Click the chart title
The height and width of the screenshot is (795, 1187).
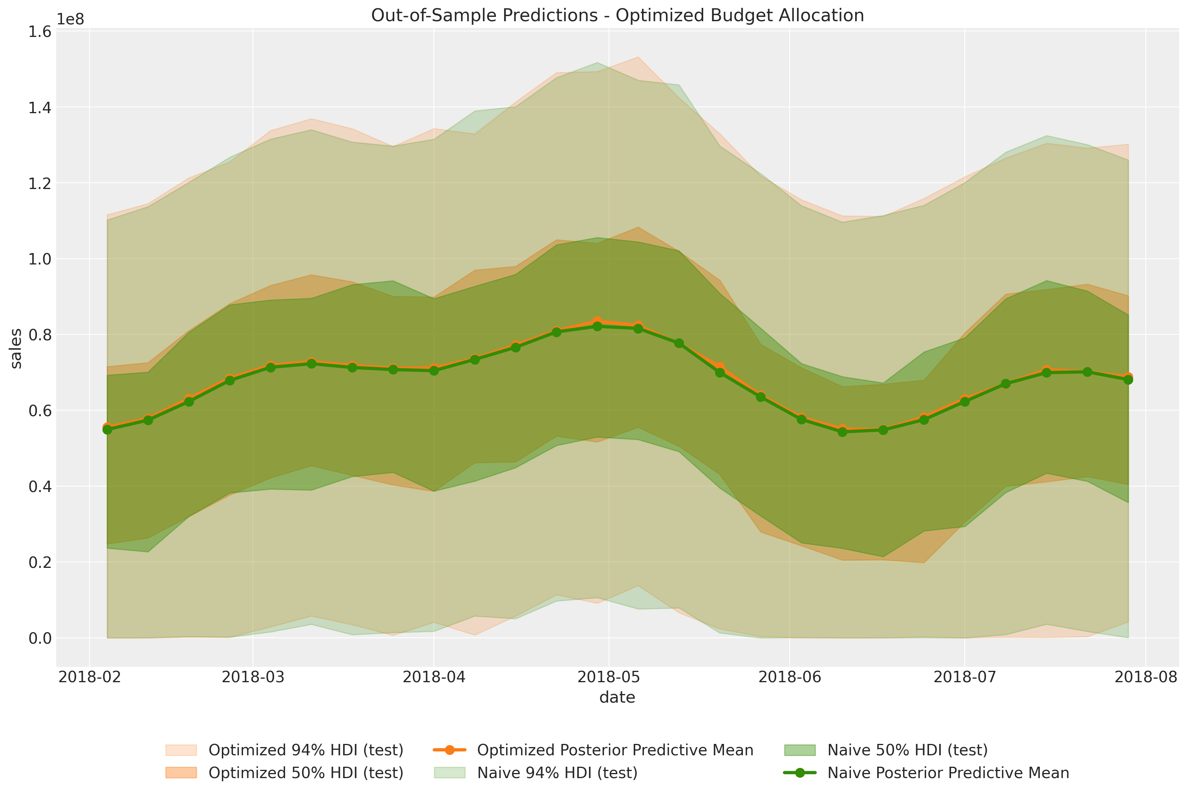click(x=617, y=15)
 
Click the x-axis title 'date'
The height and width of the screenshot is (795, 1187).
click(x=617, y=698)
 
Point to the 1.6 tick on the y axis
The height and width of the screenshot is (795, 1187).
click(x=40, y=31)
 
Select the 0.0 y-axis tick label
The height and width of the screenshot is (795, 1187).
click(x=40, y=638)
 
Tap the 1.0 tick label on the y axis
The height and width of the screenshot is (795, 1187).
click(x=40, y=259)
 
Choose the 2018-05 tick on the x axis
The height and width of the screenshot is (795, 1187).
click(x=609, y=677)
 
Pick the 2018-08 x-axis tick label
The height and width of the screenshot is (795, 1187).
click(x=1145, y=677)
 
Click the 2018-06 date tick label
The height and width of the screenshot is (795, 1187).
click(x=789, y=677)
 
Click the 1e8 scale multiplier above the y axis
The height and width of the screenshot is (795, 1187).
click(x=70, y=19)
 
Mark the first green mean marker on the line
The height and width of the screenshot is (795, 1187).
click(x=108, y=430)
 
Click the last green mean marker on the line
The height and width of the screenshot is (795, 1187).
click(x=1128, y=379)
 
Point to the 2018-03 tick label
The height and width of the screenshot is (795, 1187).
click(x=253, y=677)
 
